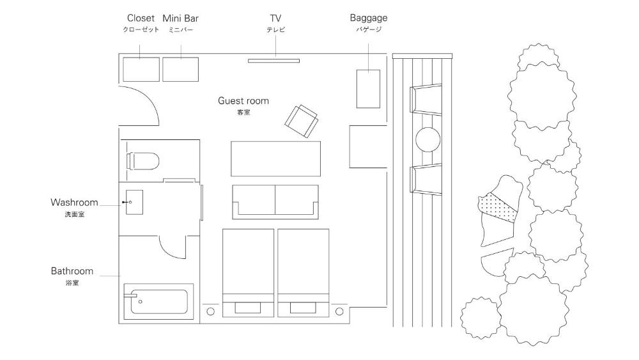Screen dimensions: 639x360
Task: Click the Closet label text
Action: click(141, 19)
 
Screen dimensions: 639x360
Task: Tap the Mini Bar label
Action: click(181, 19)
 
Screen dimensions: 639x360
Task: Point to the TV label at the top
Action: click(275, 19)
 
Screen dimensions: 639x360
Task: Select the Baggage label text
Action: click(369, 19)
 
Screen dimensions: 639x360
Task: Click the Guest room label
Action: click(243, 100)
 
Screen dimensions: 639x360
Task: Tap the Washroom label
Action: click(74, 202)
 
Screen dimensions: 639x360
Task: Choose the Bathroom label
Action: click(72, 271)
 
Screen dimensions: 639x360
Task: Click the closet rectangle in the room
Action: click(141, 69)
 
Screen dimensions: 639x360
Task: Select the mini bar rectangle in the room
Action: click(181, 69)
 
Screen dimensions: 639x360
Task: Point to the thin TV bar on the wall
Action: click(274, 61)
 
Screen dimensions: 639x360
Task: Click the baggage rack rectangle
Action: click(369, 89)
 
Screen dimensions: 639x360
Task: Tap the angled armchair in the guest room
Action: click(302, 121)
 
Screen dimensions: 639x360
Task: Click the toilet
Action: click(142, 161)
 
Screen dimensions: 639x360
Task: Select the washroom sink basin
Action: click(134, 202)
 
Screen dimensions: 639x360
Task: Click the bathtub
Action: click(158, 302)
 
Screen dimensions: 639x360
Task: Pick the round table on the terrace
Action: click(428, 139)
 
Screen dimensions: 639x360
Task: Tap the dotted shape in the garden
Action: click(497, 208)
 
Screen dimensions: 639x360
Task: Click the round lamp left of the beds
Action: click(211, 311)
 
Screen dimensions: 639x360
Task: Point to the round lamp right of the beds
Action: click(339, 311)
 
